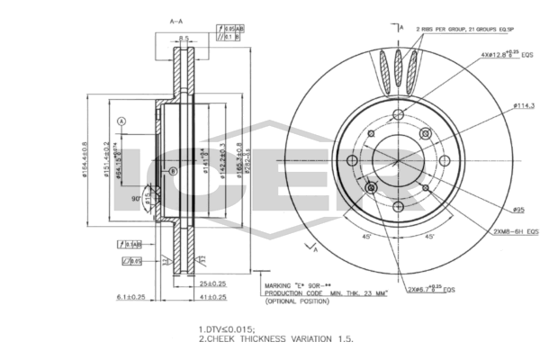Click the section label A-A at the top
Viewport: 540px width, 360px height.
pos(176,20)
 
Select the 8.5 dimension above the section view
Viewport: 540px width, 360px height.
pos(184,38)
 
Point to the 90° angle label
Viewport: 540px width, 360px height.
pos(136,198)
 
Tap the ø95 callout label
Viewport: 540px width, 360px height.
pos(519,210)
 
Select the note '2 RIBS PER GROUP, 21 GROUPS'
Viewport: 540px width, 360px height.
pos(460,29)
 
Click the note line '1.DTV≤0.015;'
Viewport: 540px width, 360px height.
pos(226,329)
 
